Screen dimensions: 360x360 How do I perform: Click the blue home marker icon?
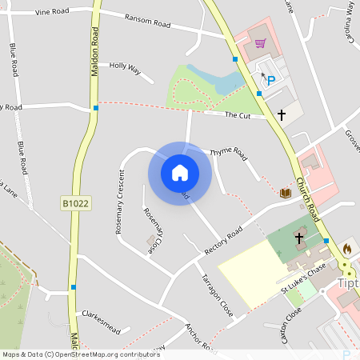tap(179, 173)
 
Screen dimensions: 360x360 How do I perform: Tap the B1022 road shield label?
tap(76, 204)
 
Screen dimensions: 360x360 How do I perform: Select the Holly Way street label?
tap(125, 69)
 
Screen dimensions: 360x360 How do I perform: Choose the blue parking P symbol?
tap(270, 80)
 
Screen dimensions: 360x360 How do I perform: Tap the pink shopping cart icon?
tap(259, 43)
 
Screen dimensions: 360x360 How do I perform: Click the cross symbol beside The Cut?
tap(281, 115)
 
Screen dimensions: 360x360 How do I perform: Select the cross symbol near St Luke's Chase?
tap(299, 238)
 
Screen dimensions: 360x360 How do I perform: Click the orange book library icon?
tap(285, 192)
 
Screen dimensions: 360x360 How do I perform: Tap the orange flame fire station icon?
tap(346, 249)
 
